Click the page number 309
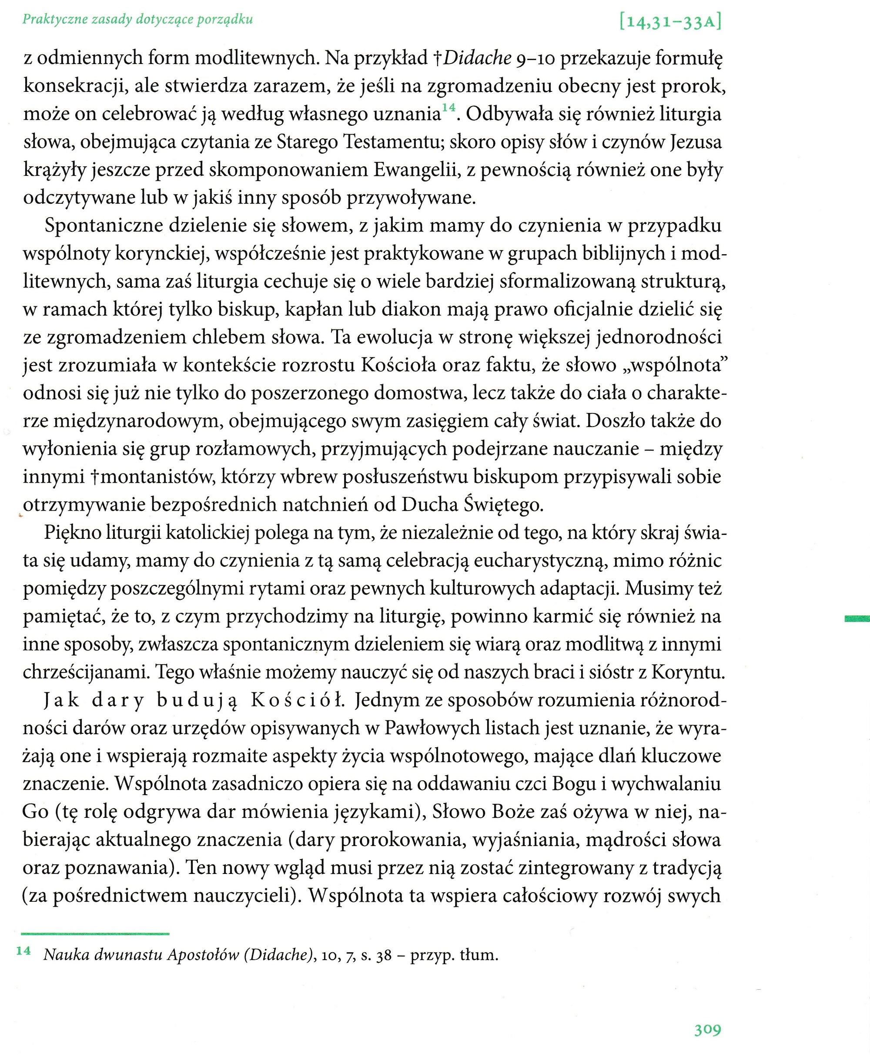click(x=707, y=1029)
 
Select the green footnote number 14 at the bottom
click(x=23, y=950)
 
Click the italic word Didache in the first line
click(x=477, y=58)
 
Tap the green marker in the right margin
click(x=857, y=618)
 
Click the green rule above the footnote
click(x=95, y=934)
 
